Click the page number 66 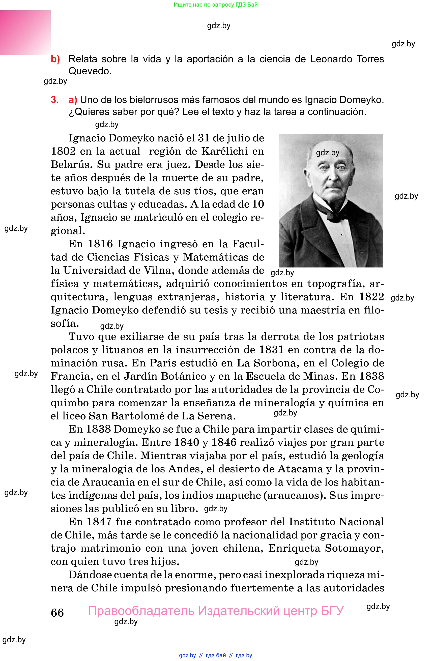[x=57, y=612]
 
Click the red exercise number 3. [x=55, y=100]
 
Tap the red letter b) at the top [x=55, y=59]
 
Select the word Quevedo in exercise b [x=90, y=71]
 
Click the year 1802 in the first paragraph [x=63, y=151]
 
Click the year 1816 [x=100, y=244]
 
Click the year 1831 [x=271, y=350]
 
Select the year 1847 [x=99, y=522]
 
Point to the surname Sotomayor [x=354, y=548]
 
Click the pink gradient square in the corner [x=25, y=33]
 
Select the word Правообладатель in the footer [x=141, y=611]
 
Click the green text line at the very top [x=216, y=5]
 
